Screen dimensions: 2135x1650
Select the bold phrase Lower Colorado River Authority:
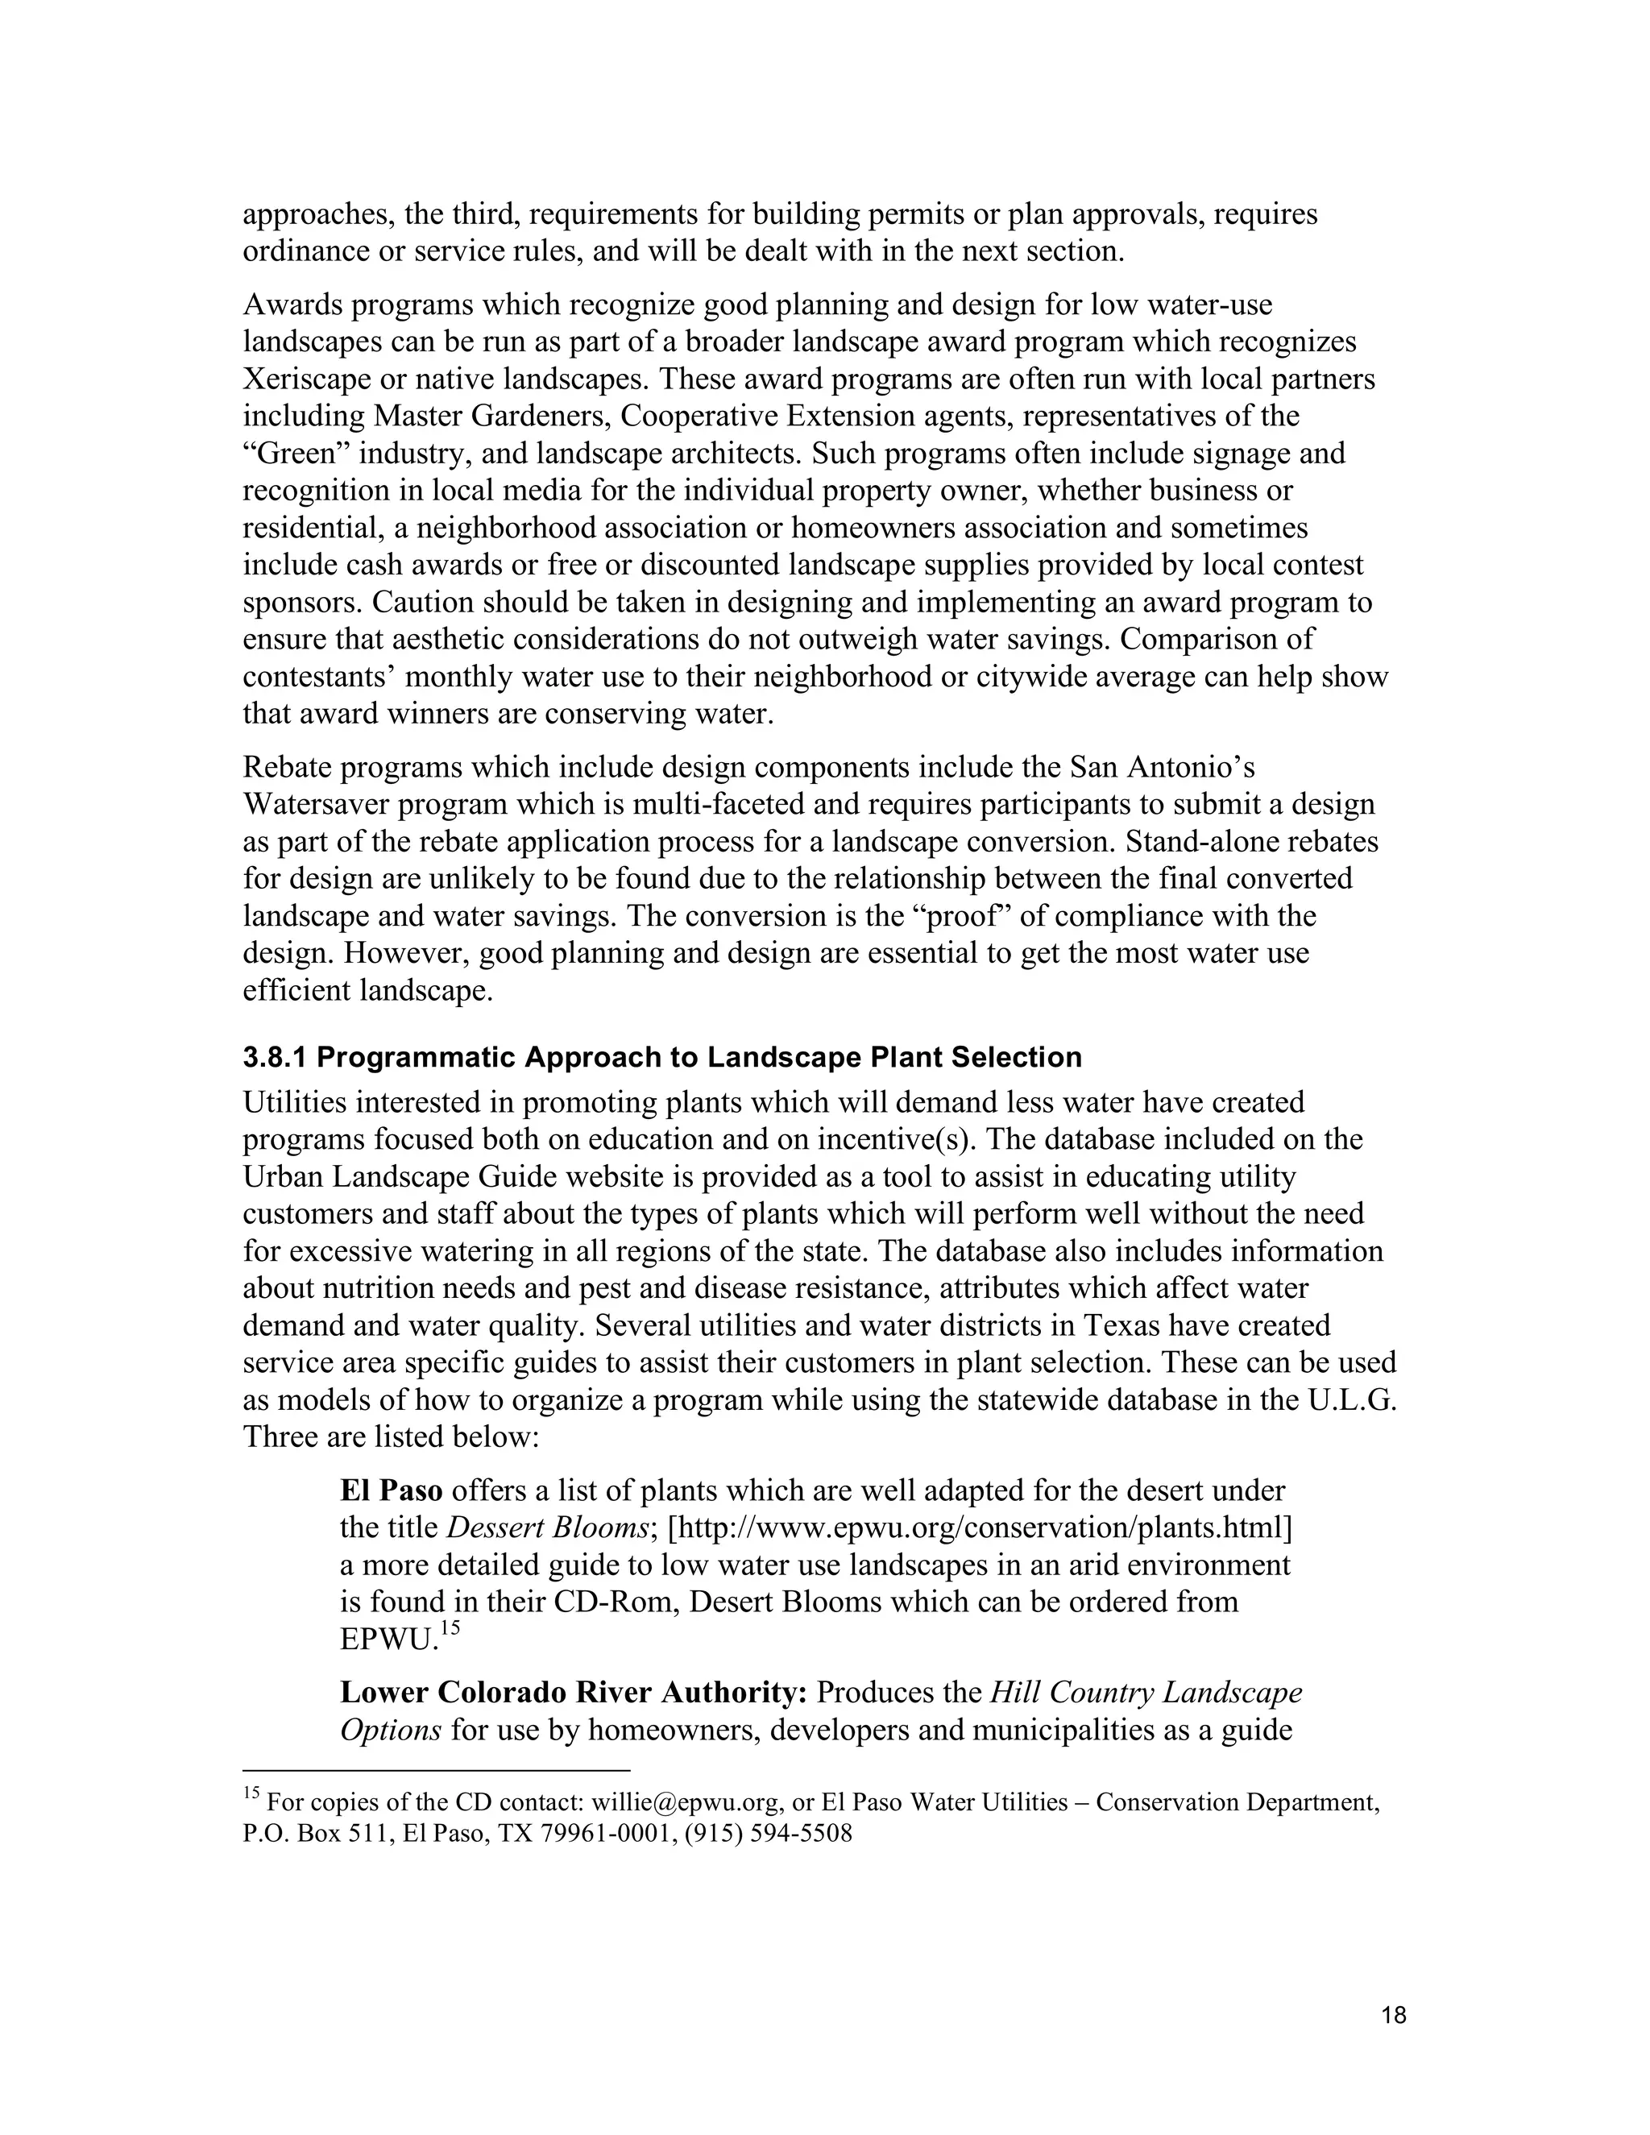(574, 1691)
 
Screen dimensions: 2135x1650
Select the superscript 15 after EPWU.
(449, 1627)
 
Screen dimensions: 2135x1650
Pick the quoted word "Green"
(294, 454)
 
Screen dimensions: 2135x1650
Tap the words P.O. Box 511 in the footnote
(316, 1833)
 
